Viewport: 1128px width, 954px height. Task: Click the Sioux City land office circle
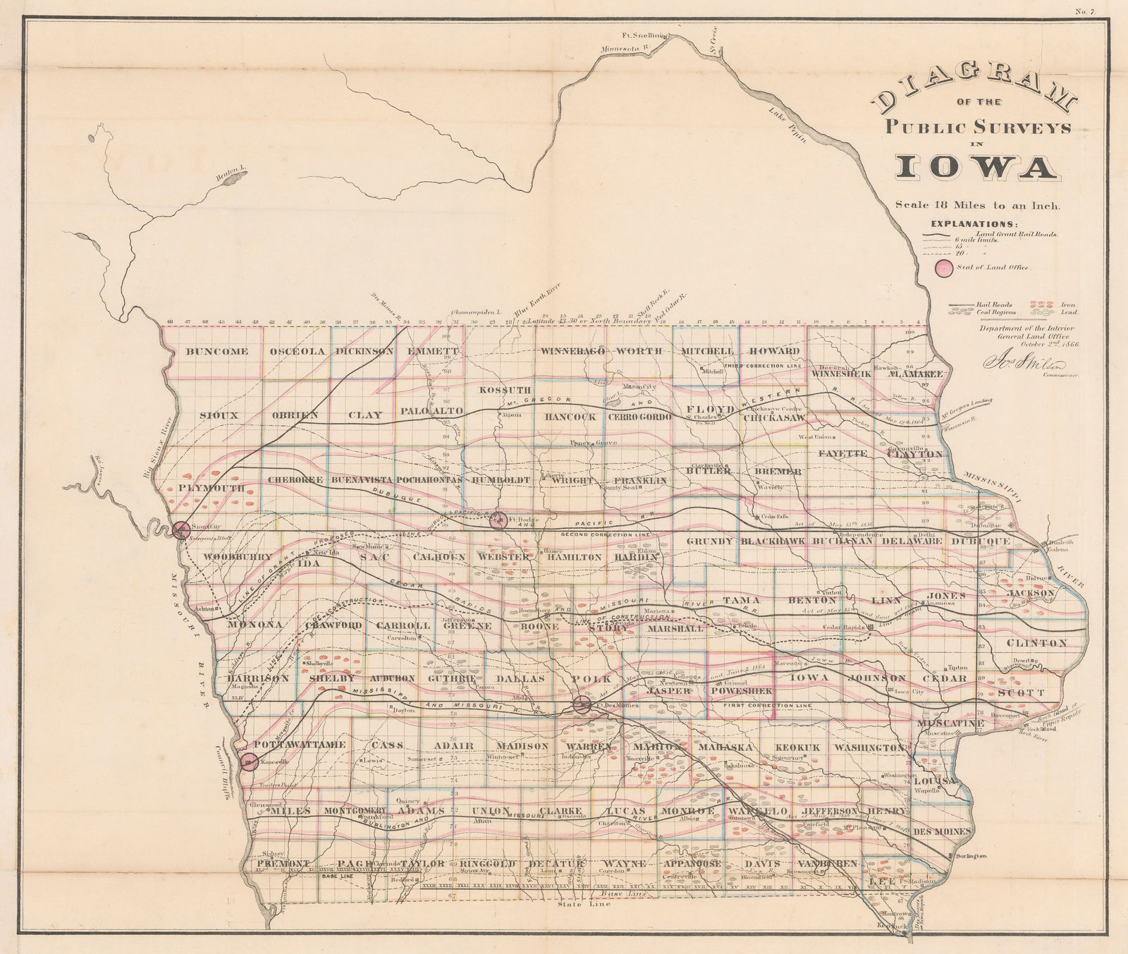[x=181, y=530]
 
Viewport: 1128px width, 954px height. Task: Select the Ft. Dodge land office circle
[x=498, y=520]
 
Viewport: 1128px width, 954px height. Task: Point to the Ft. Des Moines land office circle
[x=582, y=704]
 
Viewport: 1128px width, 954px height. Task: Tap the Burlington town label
[x=970, y=855]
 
